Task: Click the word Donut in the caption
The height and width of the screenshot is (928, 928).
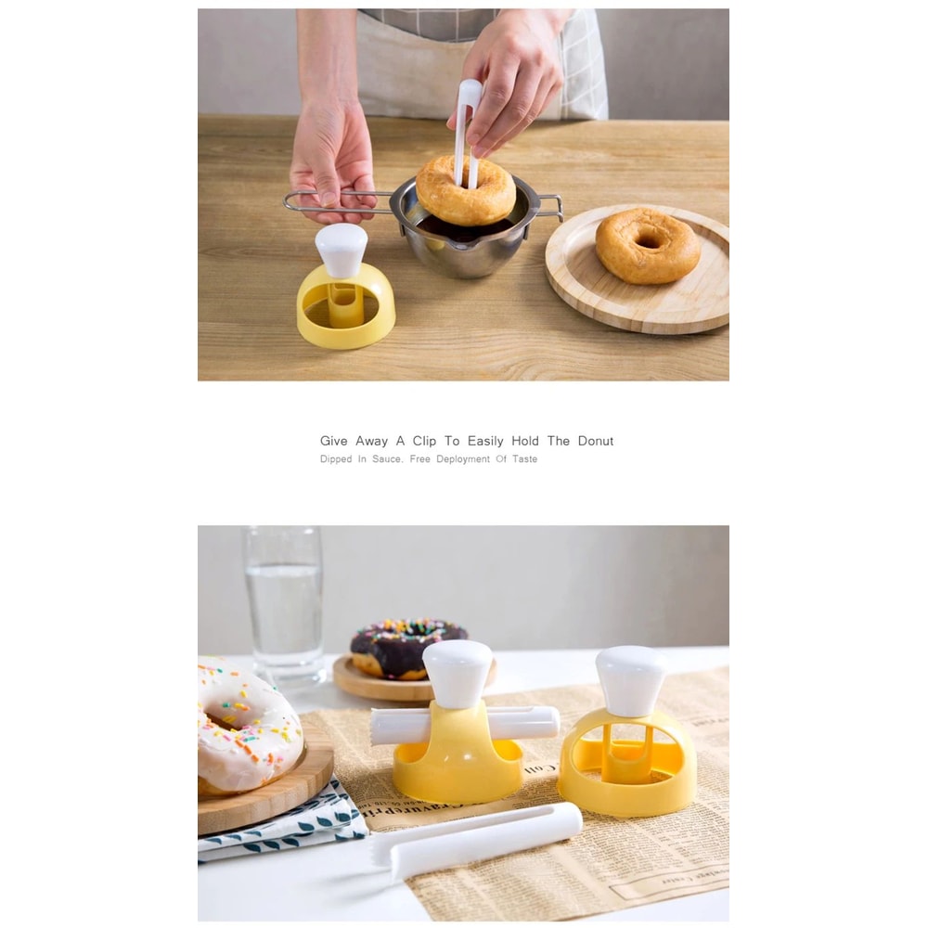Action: point(595,441)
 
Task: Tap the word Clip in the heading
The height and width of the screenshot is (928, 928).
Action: point(424,441)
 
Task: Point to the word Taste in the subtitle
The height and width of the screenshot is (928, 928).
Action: point(524,459)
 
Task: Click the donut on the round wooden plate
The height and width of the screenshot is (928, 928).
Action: point(647,246)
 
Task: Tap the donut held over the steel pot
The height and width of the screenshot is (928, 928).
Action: point(465,190)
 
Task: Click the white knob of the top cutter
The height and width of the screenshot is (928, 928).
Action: point(341,250)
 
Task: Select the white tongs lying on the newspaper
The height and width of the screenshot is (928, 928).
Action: point(483,835)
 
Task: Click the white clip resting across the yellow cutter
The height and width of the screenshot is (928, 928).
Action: point(464,723)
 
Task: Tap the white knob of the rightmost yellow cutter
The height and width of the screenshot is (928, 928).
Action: point(630,680)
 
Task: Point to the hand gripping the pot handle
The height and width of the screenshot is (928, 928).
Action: point(331,167)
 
